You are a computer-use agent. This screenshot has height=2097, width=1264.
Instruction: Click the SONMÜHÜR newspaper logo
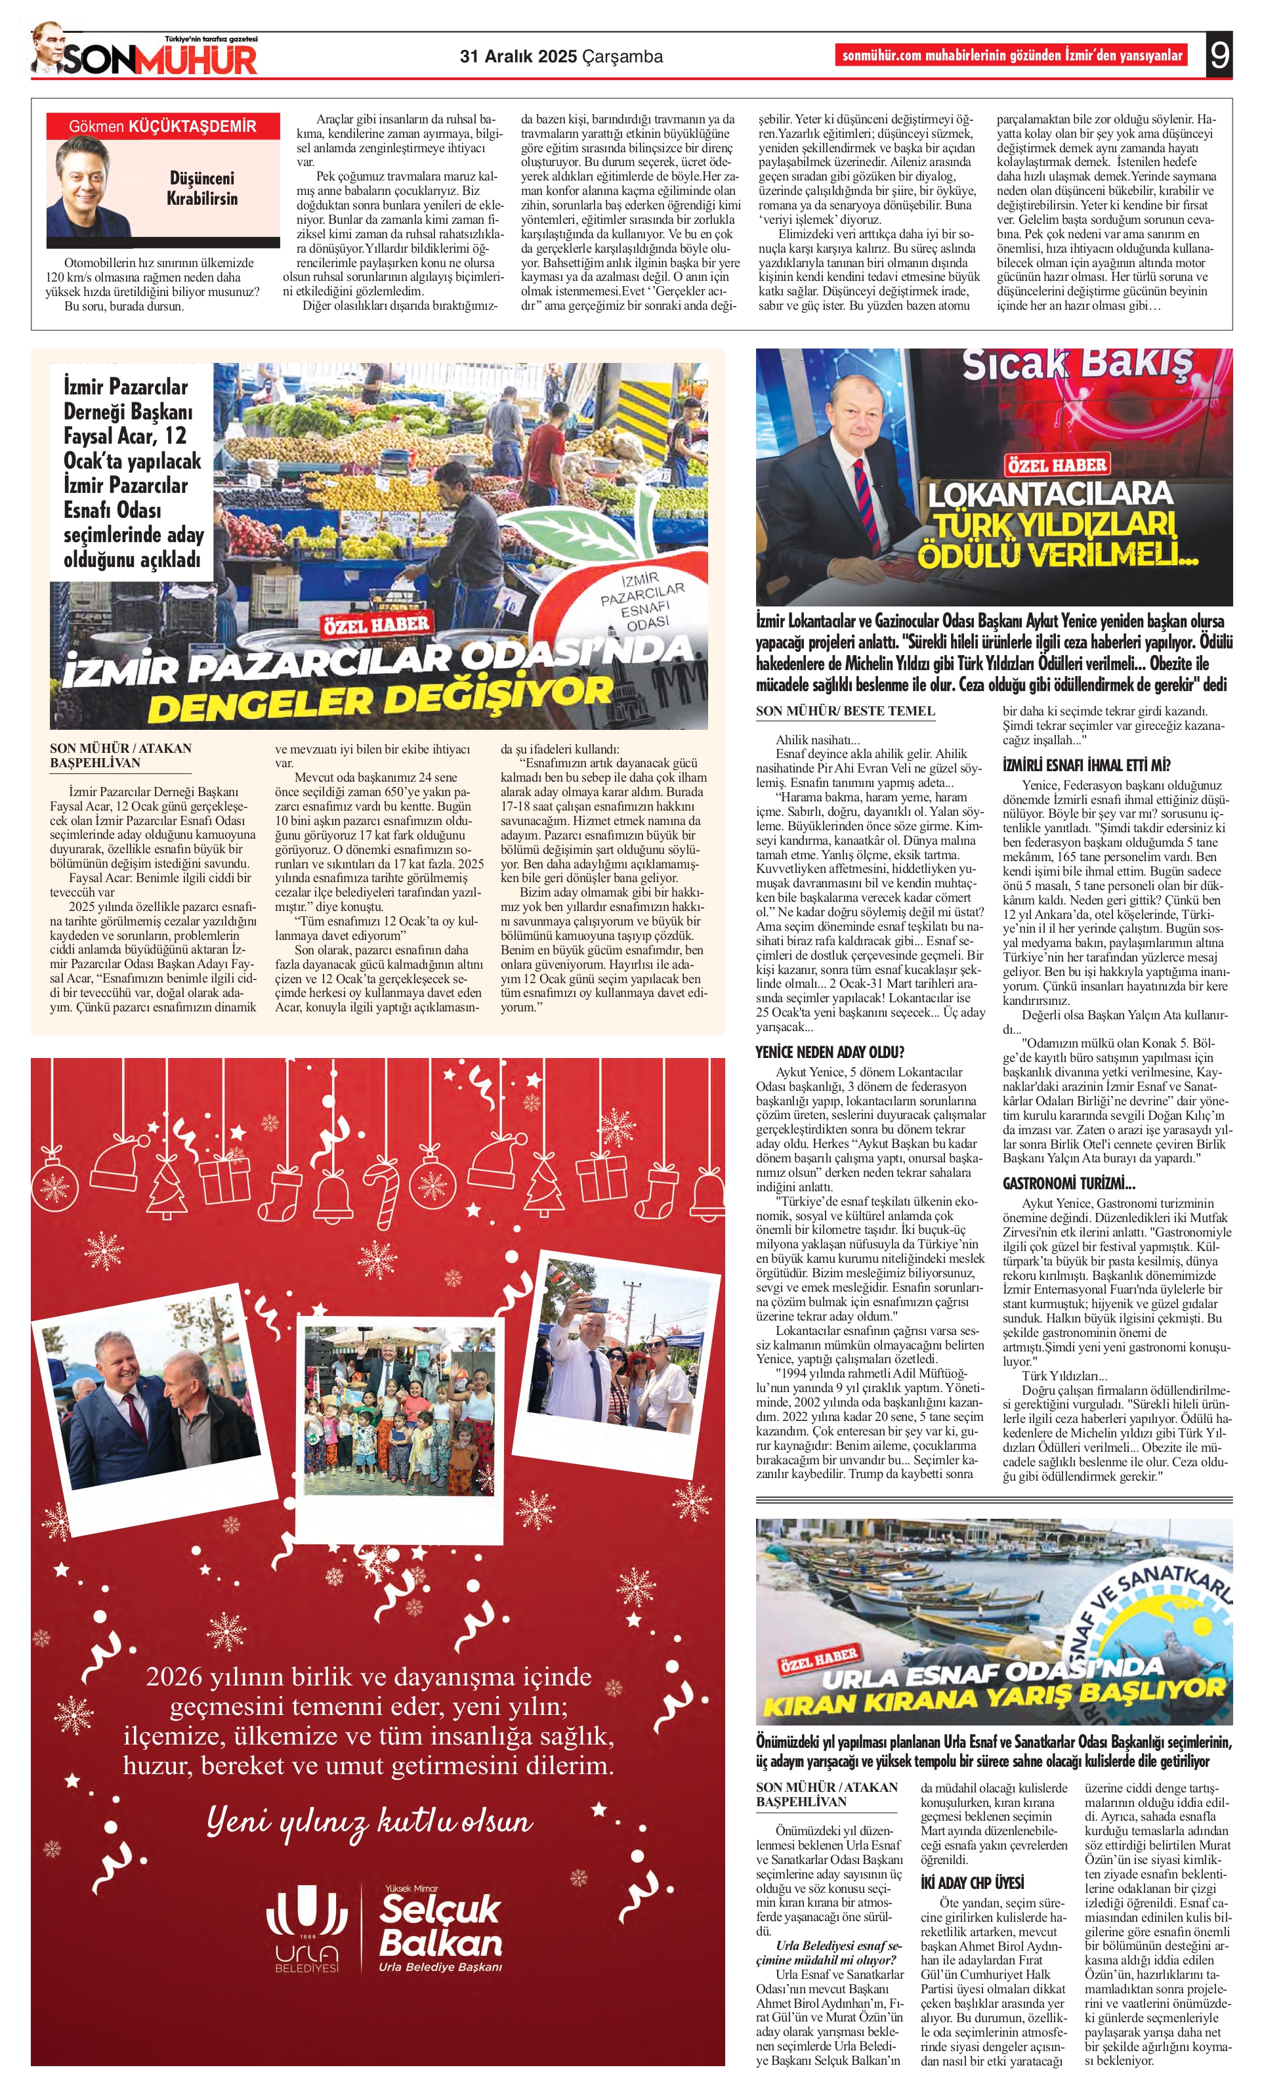pos(158,60)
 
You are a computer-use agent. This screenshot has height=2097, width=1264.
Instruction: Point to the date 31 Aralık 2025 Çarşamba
pos(561,57)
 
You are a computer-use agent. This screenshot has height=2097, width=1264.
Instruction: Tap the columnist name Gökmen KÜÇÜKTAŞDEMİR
pos(163,127)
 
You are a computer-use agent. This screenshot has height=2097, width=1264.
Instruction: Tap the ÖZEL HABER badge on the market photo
pos(375,625)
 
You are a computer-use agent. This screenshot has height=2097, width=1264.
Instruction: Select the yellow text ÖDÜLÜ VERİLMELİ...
pos(1055,556)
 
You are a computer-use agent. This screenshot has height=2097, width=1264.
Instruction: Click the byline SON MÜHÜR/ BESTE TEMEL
pos(845,711)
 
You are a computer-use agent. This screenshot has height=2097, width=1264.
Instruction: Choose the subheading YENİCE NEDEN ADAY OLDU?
pos(829,1052)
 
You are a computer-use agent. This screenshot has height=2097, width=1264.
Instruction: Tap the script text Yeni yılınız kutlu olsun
pos(369,1821)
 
